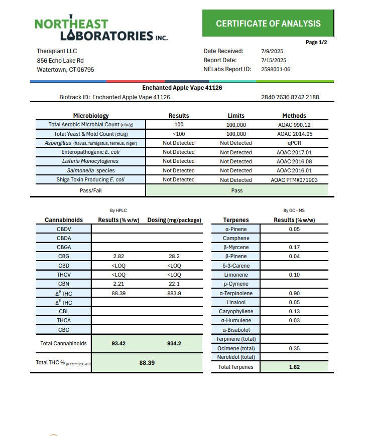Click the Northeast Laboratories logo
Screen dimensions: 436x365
coord(101,29)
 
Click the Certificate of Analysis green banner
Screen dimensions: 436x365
coord(268,24)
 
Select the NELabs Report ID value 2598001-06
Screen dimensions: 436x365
coord(276,70)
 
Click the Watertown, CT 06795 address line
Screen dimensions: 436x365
coord(65,70)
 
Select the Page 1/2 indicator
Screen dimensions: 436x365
coord(316,43)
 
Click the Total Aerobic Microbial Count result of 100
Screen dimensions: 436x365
coord(179,124)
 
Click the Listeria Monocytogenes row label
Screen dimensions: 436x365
coord(90,161)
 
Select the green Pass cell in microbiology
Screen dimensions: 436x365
coord(236,190)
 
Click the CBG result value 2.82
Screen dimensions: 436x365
coord(118,256)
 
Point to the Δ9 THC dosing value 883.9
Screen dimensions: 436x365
coord(174,293)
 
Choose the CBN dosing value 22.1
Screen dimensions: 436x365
coord(174,284)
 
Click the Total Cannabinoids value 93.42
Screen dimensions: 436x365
coord(118,344)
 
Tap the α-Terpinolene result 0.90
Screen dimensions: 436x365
coord(294,293)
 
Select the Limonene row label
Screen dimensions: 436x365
coord(236,275)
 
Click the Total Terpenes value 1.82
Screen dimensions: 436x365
coord(294,367)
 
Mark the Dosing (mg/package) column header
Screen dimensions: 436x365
coord(174,220)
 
